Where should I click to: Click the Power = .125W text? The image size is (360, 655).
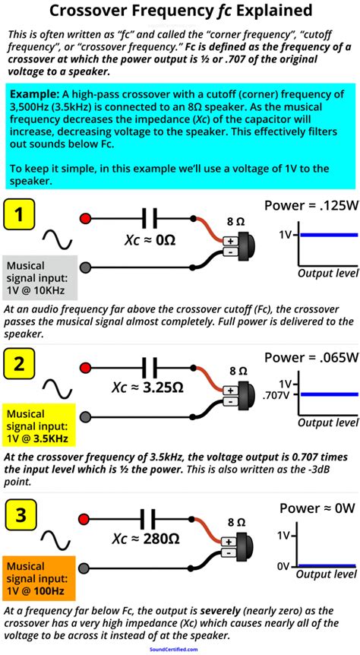click(x=311, y=204)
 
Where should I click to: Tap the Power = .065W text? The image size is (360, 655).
click(x=311, y=356)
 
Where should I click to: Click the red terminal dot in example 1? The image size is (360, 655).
click(x=85, y=219)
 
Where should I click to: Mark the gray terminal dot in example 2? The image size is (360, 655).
click(x=85, y=416)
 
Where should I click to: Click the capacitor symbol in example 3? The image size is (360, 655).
click(x=154, y=519)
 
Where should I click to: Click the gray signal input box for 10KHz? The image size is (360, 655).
click(x=38, y=278)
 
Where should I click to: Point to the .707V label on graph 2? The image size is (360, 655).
click(x=278, y=395)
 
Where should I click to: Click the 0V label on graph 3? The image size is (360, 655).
click(x=283, y=565)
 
